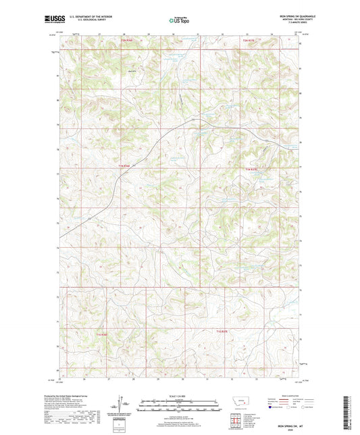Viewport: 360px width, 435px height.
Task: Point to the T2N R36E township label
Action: (x=127, y=41)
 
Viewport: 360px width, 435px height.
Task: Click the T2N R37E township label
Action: (x=250, y=41)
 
